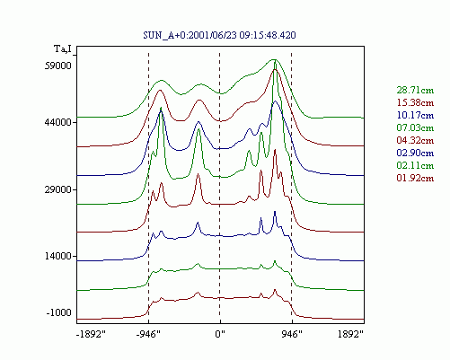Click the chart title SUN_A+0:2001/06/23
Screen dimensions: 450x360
[190, 35]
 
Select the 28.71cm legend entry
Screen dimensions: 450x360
[415, 90]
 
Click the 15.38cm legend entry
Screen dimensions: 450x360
[415, 102]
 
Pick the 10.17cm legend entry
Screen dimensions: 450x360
[415, 115]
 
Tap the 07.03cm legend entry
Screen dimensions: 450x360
[415, 127]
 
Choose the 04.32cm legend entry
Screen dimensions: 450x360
[415, 140]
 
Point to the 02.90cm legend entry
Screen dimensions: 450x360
[415, 153]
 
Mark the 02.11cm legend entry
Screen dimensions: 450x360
[415, 165]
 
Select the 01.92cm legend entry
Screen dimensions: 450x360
[415, 178]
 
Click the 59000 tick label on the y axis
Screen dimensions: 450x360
[58, 66]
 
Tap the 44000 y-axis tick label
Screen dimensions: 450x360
[58, 122]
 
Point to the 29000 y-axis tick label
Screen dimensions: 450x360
[58, 189]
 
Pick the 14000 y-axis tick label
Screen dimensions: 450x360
[58, 256]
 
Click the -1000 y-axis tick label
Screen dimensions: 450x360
[59, 312]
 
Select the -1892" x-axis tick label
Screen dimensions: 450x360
[91, 334]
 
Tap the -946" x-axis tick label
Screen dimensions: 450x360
[148, 334]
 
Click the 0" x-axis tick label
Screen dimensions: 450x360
[220, 334]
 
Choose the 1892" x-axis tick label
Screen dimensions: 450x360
[350, 334]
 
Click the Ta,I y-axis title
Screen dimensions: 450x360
[63, 48]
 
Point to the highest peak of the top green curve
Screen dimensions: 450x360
[274, 59]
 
